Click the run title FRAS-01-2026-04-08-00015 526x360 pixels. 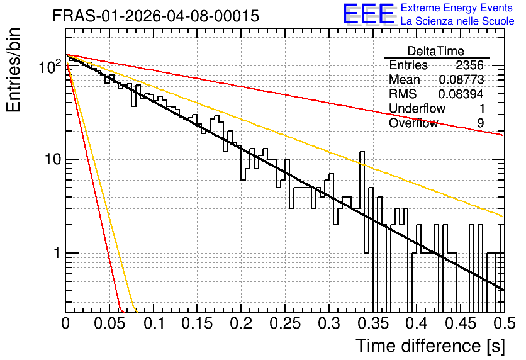click(x=155, y=16)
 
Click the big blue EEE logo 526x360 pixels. click(x=368, y=14)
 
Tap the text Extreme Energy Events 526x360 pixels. click(x=456, y=8)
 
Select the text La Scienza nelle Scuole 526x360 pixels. click(x=457, y=21)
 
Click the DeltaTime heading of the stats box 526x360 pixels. click(x=436, y=51)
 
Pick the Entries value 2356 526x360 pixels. click(x=469, y=65)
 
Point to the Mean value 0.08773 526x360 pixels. click(x=461, y=79)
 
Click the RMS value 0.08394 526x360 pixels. click(x=461, y=94)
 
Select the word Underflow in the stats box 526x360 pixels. click(x=417, y=108)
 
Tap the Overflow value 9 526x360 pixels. click(x=480, y=123)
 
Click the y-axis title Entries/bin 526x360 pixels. click(x=13, y=70)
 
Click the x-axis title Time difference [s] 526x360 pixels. click(x=430, y=346)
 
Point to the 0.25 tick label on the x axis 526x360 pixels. click(x=285, y=323)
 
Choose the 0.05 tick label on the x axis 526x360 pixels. click(x=109, y=323)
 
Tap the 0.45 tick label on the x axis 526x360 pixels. click(x=461, y=323)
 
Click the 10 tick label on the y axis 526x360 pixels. click(x=53, y=159)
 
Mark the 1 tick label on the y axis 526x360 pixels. click(x=57, y=252)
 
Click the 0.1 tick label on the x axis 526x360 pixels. click(x=154, y=323)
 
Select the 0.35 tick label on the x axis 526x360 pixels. click(x=373, y=323)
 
